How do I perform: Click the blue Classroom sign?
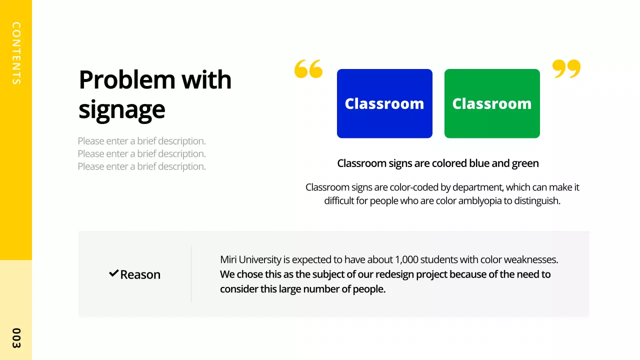384,103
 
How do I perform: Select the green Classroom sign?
492,103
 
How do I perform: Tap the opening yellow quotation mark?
308,69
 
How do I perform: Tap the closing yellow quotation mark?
566,69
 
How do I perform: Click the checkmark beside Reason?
113,273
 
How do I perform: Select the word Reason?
140,274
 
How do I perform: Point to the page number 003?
16,338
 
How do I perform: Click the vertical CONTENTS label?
16,53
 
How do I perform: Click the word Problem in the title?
127,80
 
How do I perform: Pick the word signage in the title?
121,109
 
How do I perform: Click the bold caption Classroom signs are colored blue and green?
438,163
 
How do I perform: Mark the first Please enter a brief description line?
141,141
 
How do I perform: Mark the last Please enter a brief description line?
141,166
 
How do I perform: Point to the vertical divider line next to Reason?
191,274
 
